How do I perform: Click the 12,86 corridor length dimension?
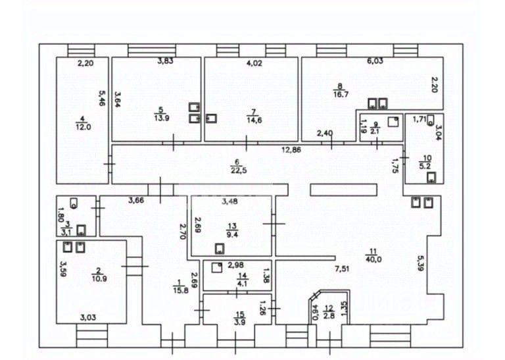pos(291,149)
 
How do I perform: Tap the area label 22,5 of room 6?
pos(239,170)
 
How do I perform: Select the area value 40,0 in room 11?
pos(373,259)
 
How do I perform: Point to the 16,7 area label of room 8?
pos(341,94)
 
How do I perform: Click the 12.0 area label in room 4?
pos(83,127)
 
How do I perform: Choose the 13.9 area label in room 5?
pos(162,118)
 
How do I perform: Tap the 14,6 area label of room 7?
pos(254,120)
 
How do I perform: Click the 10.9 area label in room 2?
pos(99,279)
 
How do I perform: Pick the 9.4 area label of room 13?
pos(232,234)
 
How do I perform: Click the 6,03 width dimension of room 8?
pos(375,61)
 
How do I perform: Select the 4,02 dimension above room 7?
pos(254,63)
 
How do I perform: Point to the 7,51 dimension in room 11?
pos(342,269)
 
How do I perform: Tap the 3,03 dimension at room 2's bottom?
pos(88,317)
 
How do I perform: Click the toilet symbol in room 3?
pos(74,203)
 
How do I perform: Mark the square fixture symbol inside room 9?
pos(393,122)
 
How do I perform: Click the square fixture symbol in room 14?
pos(217,268)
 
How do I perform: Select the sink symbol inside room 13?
pos(220,249)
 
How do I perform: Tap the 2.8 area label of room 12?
pos(329,315)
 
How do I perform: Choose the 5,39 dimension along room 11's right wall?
pos(420,263)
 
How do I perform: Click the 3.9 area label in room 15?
pos(240,322)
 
